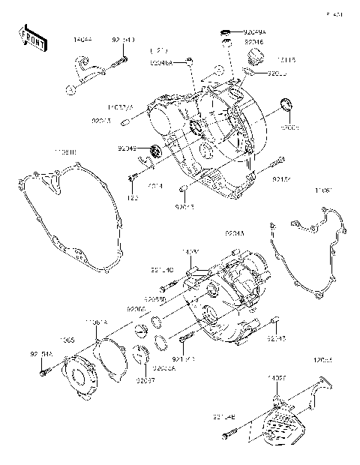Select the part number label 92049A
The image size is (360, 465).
point(253,32)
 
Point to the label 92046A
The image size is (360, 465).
point(160,64)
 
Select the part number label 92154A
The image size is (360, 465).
point(41,354)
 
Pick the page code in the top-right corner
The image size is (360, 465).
point(334,13)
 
